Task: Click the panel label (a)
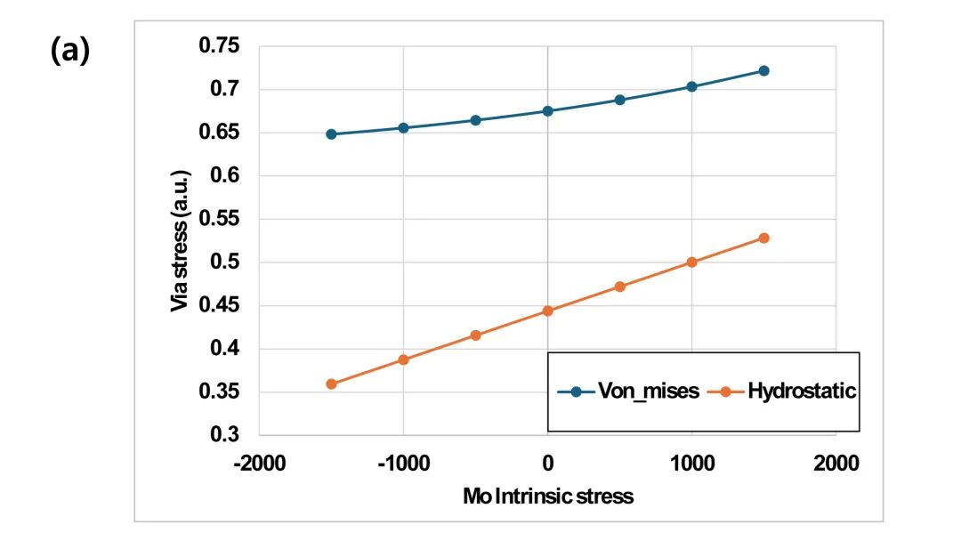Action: click(69, 52)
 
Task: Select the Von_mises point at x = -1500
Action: click(331, 134)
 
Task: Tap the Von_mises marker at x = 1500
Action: click(763, 71)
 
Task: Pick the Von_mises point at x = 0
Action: click(547, 111)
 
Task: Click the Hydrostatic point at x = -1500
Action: click(331, 384)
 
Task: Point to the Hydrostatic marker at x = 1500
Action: click(763, 238)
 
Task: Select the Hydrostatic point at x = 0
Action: click(547, 311)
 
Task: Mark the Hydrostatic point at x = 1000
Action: click(691, 262)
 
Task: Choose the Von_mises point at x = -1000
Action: click(403, 128)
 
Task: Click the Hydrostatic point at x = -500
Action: click(475, 335)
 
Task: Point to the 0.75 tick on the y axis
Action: click(227, 46)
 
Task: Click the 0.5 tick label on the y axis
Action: click(232, 262)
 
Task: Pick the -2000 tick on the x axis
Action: click(259, 463)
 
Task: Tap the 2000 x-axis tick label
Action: click(836, 463)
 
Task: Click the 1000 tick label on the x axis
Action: click(691, 463)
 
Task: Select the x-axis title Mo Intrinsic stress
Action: click(548, 497)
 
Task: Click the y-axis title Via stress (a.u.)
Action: click(179, 240)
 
